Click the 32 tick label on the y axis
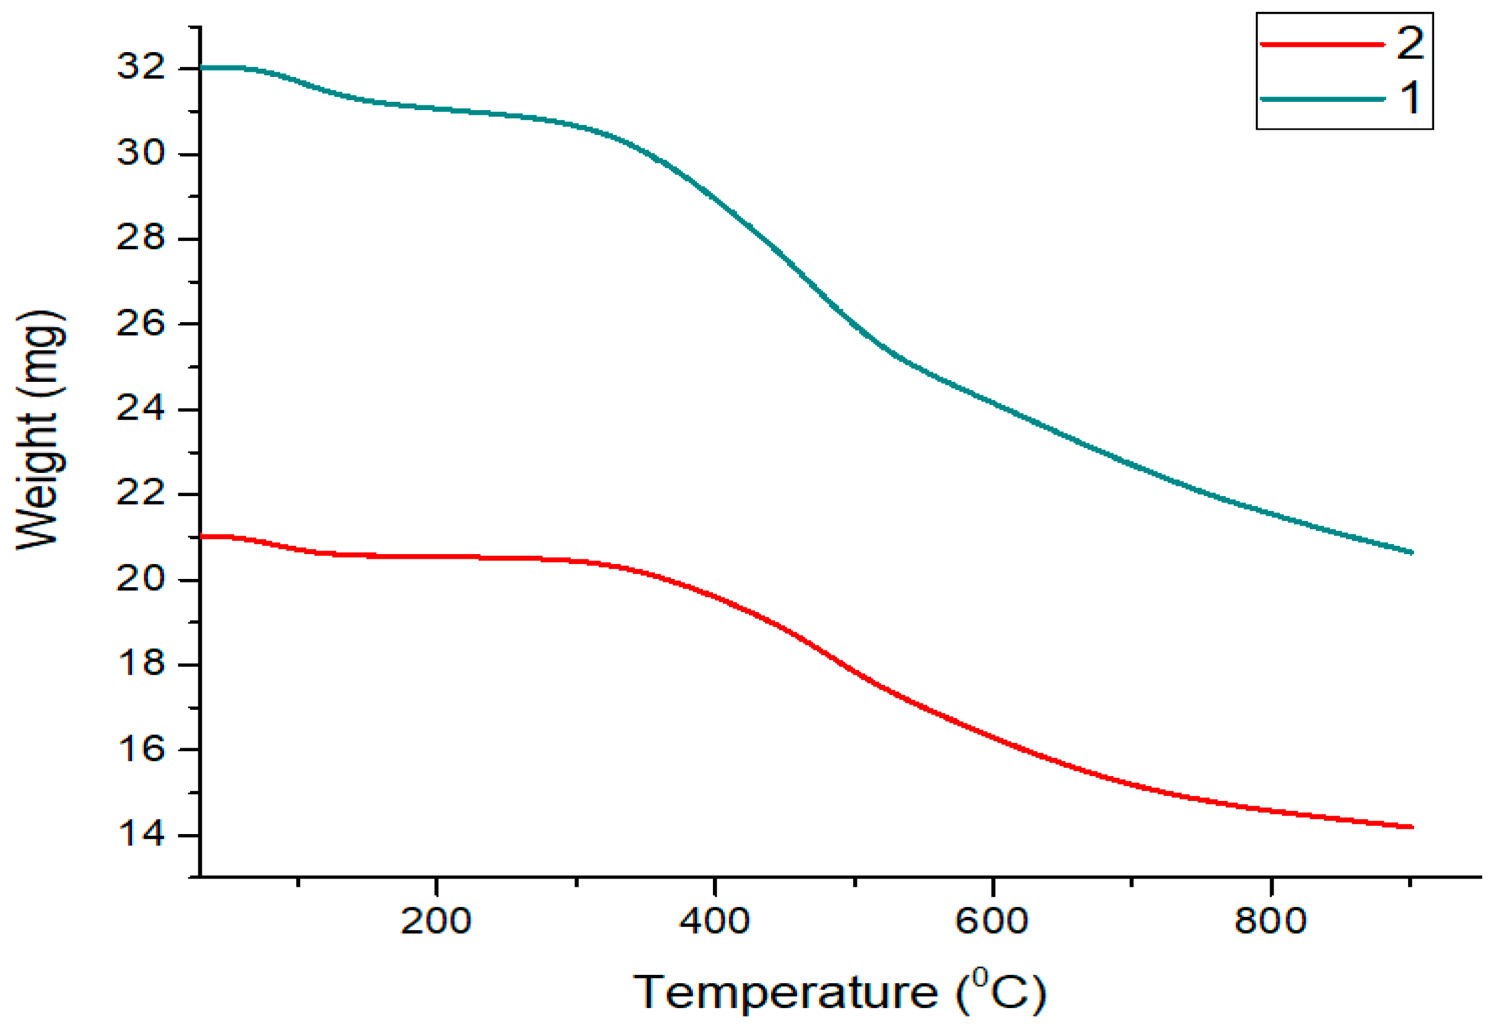141,66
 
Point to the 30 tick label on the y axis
141,153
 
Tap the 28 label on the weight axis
141,238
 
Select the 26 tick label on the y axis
141,323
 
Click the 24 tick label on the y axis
141,408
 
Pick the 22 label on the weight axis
141,494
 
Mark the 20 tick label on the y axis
141,579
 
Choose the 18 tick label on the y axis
141,664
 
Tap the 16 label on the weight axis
141,749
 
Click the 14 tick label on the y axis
141,835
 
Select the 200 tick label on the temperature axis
436,921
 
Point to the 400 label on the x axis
714,921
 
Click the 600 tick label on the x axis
991,921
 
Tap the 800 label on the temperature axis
1270,921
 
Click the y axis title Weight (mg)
40,430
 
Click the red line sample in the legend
1322,44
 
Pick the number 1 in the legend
1410,99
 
